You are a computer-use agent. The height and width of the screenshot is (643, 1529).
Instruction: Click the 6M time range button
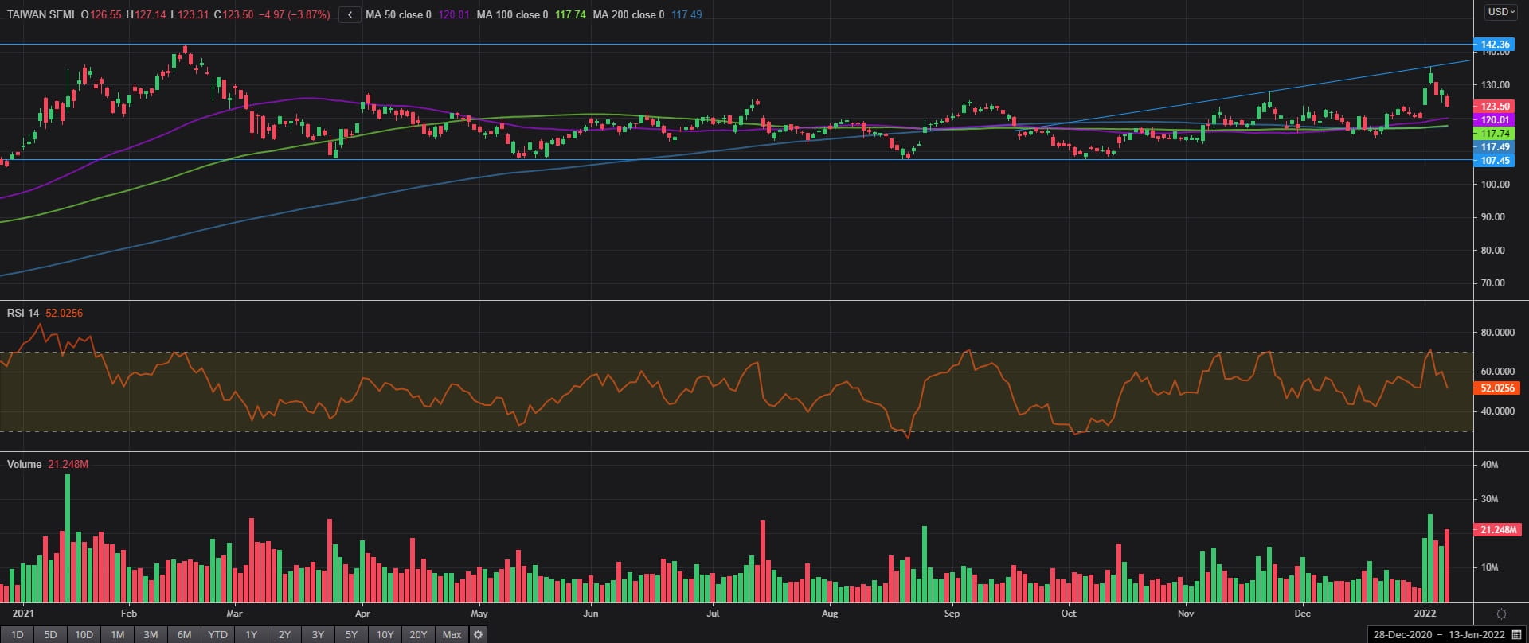point(184,634)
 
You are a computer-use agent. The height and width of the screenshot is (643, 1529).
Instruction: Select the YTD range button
point(217,634)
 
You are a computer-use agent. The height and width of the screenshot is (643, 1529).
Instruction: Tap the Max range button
point(452,634)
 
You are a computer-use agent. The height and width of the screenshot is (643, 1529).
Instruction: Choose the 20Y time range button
point(418,634)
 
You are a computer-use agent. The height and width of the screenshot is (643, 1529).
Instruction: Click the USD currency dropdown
point(1500,12)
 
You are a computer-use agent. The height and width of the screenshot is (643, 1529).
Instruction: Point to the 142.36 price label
point(1495,45)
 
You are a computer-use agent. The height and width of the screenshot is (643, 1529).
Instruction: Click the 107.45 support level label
point(1495,160)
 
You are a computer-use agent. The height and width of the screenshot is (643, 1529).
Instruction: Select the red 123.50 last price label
point(1495,106)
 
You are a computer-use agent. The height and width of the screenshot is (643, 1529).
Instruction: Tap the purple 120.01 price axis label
point(1495,119)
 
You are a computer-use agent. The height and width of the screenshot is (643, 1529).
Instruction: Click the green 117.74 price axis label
point(1495,133)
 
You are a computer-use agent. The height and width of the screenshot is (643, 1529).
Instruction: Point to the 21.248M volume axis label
point(1497,529)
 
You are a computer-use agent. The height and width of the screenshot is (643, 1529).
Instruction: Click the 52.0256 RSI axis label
point(1497,388)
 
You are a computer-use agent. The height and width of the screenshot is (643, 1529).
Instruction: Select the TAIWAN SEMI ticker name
point(41,14)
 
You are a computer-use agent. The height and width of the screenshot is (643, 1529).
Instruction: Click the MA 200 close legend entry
point(628,14)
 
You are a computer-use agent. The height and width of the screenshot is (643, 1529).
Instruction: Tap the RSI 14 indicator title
point(22,313)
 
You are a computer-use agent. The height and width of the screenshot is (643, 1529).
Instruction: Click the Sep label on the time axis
point(952,614)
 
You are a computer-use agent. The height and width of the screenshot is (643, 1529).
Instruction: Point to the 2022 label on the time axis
point(1425,614)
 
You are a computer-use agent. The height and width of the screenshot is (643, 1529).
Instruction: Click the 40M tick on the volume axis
point(1489,464)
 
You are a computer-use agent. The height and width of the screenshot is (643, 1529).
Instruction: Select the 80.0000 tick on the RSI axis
point(1497,333)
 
